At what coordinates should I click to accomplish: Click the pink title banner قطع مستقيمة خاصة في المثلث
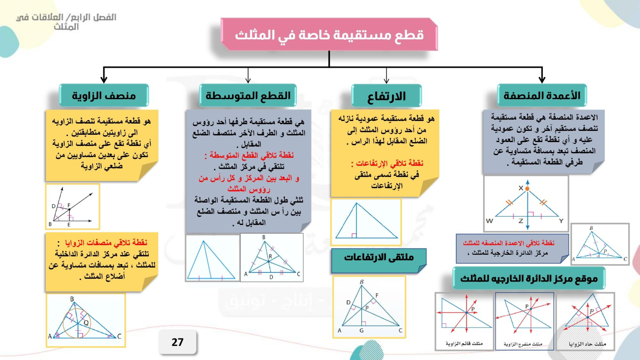[x=329, y=34]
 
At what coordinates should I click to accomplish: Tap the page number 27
[x=178, y=342]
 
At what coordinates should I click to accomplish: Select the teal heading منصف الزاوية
[x=104, y=96]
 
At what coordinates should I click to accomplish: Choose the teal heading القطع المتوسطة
[x=248, y=96]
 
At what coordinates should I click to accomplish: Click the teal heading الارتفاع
[x=386, y=96]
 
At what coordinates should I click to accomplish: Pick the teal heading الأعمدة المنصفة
[x=542, y=96]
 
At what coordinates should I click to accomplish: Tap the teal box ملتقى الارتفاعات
[x=379, y=260]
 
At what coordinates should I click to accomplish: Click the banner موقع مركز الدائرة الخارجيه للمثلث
[x=529, y=278]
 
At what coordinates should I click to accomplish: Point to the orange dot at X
[x=528, y=188]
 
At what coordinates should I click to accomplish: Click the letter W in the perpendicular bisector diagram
[x=490, y=221]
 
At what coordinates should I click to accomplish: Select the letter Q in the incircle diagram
[x=86, y=323]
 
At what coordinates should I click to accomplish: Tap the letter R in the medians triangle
[x=270, y=256]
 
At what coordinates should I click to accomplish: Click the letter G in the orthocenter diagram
[x=362, y=330]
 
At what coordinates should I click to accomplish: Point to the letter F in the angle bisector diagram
[x=69, y=205]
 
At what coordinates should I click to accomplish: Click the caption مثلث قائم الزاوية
[x=464, y=344]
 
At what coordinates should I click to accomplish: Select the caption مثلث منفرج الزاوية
[x=523, y=344]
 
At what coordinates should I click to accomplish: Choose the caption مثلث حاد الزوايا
[x=588, y=344]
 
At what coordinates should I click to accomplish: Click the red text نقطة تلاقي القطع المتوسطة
[x=249, y=156]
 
